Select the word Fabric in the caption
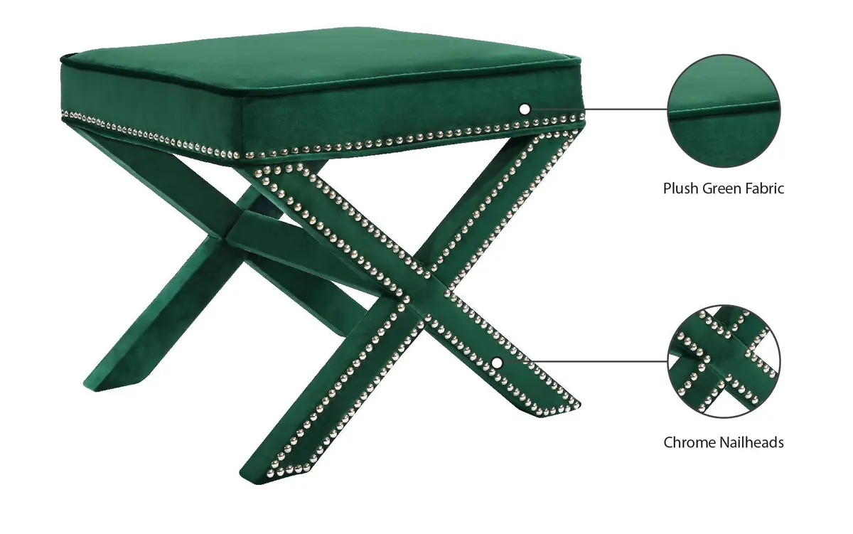point(764,189)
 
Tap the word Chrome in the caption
point(688,442)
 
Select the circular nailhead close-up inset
point(724,362)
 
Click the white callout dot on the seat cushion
point(525,110)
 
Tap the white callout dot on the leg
point(497,363)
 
